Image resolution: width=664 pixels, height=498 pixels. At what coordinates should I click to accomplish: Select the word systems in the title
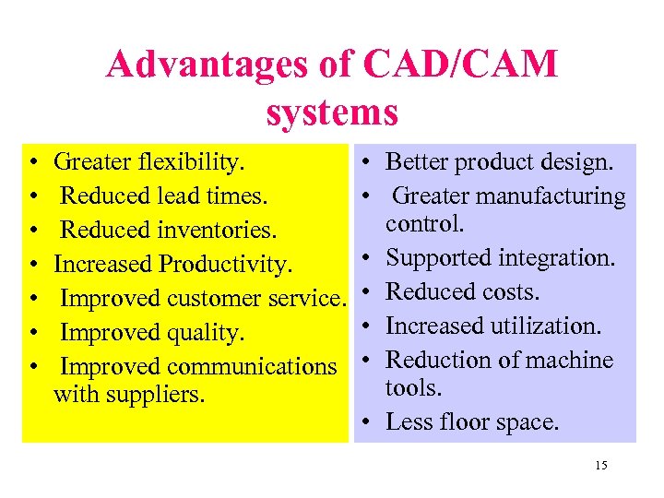(332, 113)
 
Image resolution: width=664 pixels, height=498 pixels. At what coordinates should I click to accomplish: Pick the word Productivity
(225, 265)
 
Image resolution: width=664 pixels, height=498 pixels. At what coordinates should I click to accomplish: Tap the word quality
(210, 332)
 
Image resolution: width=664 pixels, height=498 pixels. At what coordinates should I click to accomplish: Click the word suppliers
(163, 396)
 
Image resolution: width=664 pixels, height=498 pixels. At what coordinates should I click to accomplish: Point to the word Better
(415, 163)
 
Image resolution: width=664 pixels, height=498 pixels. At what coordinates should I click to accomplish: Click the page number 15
(601, 466)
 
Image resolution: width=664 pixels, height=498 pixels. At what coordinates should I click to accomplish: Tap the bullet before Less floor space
(367, 422)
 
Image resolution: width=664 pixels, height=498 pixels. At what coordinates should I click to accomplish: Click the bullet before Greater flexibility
(33, 163)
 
